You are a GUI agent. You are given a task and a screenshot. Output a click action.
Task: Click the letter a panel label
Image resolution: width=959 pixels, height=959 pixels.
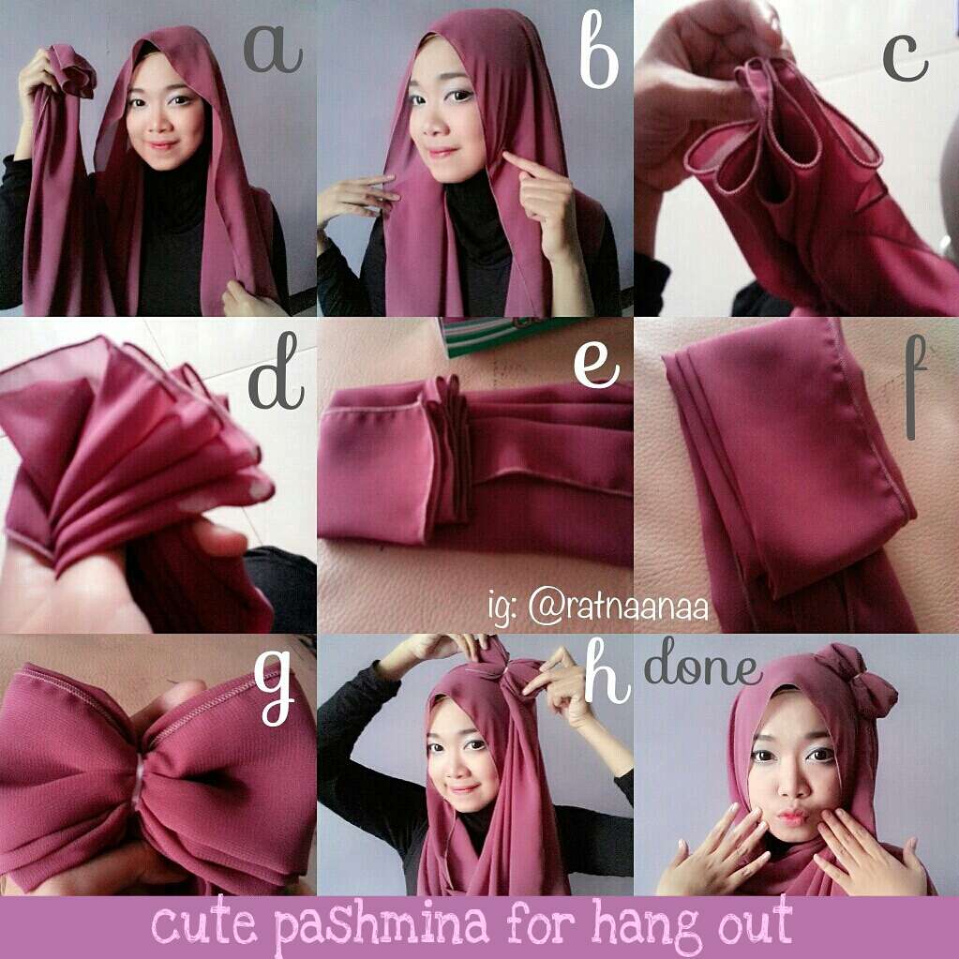click(x=273, y=50)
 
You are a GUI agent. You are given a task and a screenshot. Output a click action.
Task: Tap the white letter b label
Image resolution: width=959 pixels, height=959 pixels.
click(x=599, y=50)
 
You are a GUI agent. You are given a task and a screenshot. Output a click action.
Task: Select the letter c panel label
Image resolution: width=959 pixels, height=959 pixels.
click(x=906, y=59)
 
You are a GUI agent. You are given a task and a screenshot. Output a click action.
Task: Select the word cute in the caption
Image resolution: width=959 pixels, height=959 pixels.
click(x=203, y=924)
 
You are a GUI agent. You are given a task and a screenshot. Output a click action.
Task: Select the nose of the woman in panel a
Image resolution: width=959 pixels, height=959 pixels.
click(x=163, y=120)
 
